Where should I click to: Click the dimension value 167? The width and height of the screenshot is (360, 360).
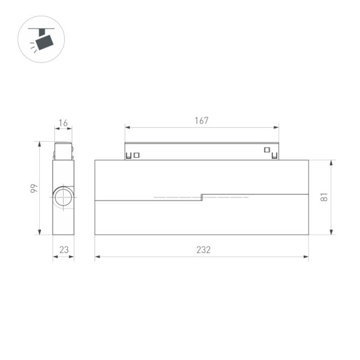pos(202,120)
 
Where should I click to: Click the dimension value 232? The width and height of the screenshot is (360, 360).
pos(203,250)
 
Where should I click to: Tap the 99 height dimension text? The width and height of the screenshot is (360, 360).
pos(34,188)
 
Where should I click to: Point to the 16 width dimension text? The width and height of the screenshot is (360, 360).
pos(63,123)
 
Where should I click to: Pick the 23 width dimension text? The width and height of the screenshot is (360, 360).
pos(63,250)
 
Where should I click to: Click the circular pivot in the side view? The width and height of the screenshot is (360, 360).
pos(62,197)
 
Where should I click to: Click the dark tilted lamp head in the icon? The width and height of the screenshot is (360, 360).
pos(44,42)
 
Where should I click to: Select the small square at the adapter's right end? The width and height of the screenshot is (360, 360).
pos(266,150)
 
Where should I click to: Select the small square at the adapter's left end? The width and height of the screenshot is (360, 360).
pos(136,155)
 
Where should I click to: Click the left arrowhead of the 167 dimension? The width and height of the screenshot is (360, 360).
pos(127,128)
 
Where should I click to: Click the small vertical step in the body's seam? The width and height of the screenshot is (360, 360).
pos(202,197)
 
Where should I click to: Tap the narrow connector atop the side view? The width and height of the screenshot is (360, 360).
pos(63,150)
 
